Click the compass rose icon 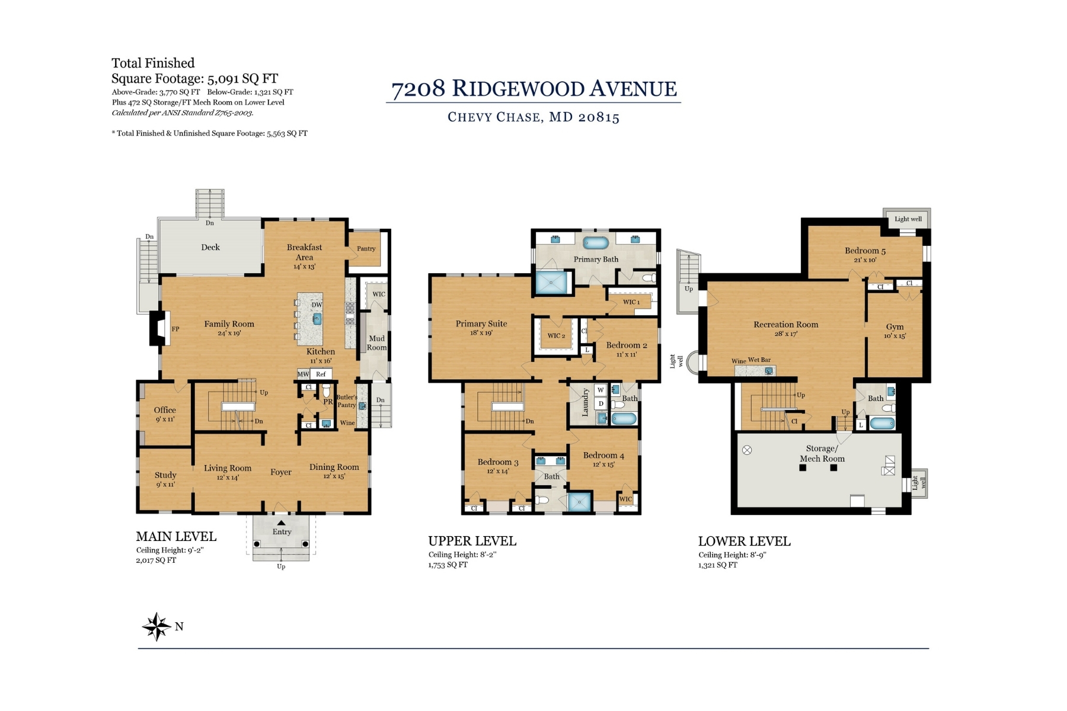(156, 626)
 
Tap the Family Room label (229, 324)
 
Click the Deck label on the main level (210, 248)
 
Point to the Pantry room (366, 249)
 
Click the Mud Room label (376, 343)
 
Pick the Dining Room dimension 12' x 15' (334, 476)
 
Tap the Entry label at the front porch (282, 531)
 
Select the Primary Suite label (481, 324)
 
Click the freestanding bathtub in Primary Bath (595, 242)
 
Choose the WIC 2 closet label (556, 336)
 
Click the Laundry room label (585, 402)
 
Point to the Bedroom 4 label (603, 456)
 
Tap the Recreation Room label (785, 325)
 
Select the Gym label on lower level (895, 327)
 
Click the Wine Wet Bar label (751, 360)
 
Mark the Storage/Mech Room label (822, 454)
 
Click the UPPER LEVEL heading (472, 541)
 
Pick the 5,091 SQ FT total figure (242, 79)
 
